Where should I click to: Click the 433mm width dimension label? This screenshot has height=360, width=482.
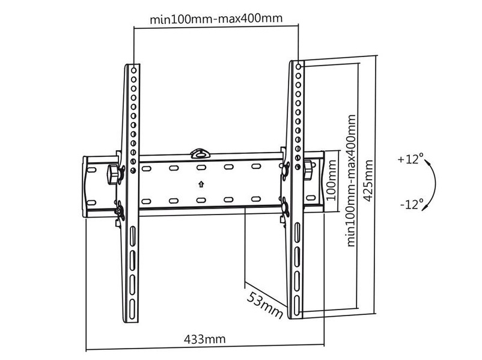[205, 340]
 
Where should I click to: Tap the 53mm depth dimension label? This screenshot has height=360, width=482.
[265, 305]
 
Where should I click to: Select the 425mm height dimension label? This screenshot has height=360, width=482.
[368, 180]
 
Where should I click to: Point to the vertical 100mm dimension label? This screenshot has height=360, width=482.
[331, 180]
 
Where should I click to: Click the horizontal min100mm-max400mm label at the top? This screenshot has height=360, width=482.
[216, 19]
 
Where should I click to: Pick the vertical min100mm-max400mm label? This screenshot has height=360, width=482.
[351, 180]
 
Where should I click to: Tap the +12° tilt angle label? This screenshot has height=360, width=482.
[410, 159]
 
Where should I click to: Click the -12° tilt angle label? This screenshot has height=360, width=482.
[412, 204]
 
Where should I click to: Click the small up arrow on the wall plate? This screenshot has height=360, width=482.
[201, 184]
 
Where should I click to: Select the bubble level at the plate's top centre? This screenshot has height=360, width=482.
[200, 153]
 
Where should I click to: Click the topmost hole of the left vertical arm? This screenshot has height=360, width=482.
[133, 70]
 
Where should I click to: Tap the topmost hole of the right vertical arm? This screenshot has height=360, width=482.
[298, 66]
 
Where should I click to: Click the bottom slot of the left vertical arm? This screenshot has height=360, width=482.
[132, 309]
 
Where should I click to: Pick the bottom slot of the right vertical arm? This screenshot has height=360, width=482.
[297, 305]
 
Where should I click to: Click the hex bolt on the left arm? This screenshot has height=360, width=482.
[113, 174]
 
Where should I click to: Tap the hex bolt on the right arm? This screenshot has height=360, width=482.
[308, 169]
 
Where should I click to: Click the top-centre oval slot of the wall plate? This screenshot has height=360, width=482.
[201, 168]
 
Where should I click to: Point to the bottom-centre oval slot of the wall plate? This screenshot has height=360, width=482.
[201, 201]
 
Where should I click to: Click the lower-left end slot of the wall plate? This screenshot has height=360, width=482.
[91, 203]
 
